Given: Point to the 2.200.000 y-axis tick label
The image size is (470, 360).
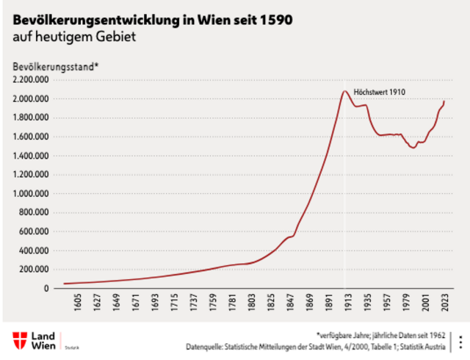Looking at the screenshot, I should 30,79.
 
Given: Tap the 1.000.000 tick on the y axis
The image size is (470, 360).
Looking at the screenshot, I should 30,194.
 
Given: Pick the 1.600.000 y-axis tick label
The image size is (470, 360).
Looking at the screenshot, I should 30,137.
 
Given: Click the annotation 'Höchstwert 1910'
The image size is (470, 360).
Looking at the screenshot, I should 380,92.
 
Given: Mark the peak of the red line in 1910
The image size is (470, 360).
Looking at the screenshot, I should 344,91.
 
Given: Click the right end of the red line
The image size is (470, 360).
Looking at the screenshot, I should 444,101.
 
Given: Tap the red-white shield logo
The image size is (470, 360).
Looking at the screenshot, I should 19,340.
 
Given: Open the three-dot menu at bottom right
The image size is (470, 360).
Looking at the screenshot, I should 460,341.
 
